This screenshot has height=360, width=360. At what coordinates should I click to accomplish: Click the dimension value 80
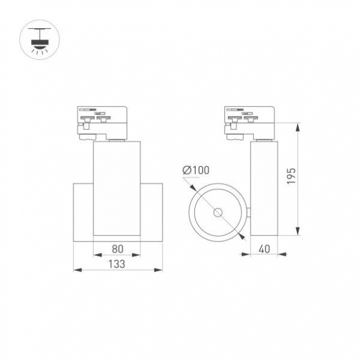[117, 249]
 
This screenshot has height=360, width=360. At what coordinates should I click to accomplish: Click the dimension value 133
[117, 264]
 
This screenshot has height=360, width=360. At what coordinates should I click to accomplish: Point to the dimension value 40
[265, 249]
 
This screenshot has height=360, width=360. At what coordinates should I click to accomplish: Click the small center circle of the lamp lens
[218, 213]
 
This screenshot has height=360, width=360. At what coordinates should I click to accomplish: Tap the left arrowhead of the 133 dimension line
[75, 269]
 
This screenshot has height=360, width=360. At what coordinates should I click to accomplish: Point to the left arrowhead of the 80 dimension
[95, 254]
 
